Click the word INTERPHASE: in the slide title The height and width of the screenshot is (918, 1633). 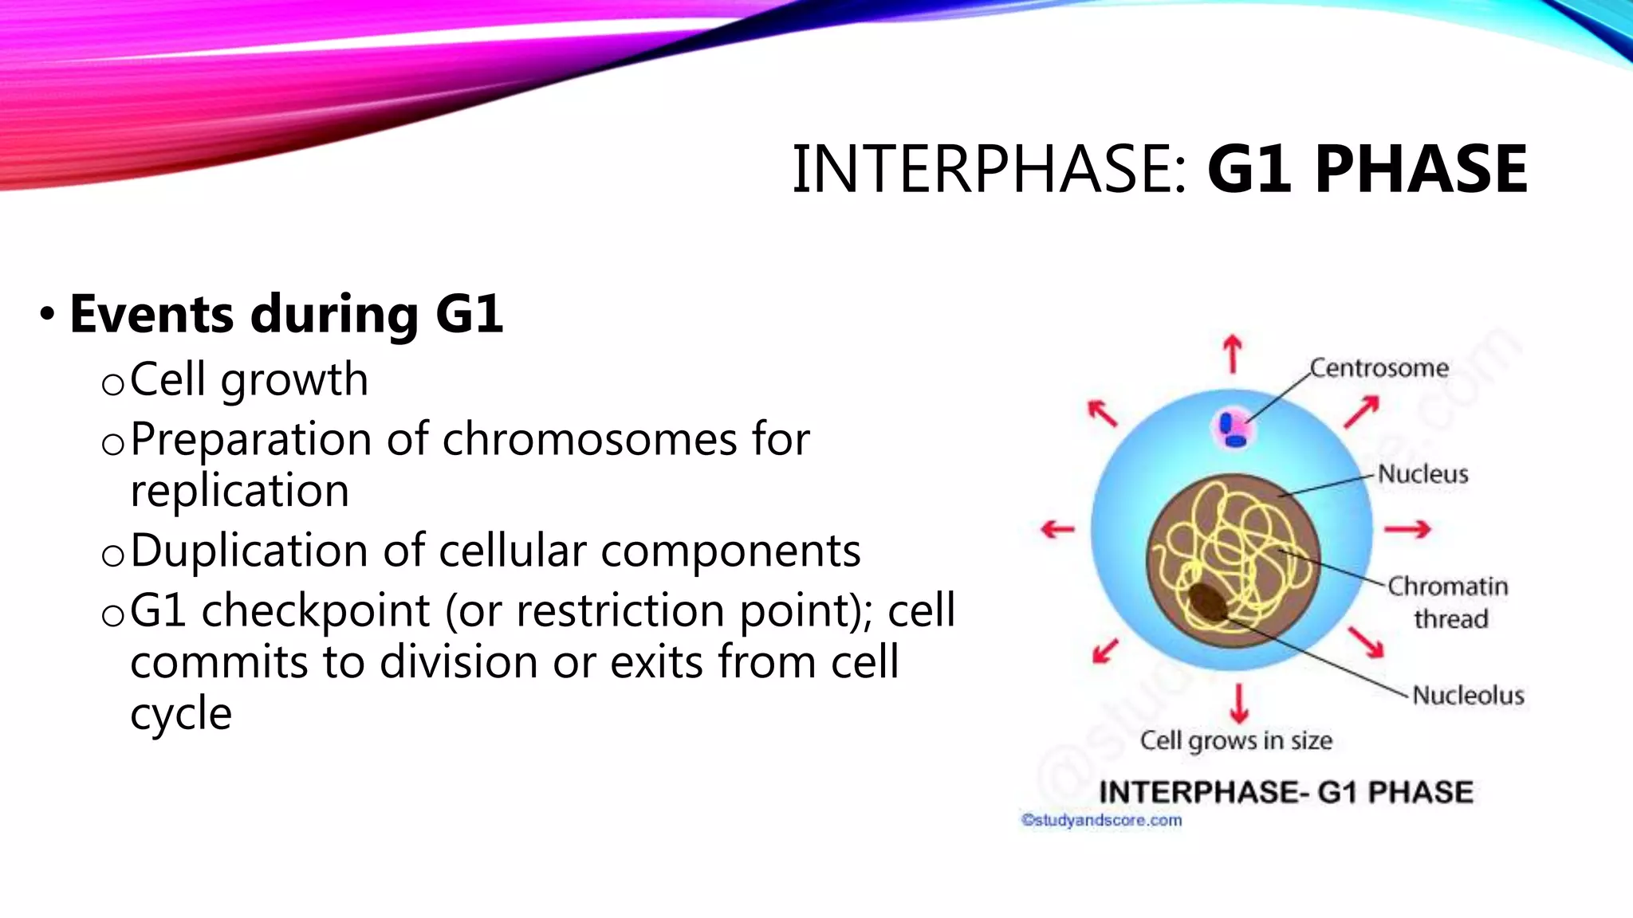pyautogui.click(x=989, y=169)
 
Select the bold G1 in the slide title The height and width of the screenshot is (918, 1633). pyautogui.click(x=1248, y=169)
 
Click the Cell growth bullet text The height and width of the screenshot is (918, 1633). pyautogui.click(x=249, y=379)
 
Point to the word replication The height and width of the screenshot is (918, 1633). pyautogui.click(x=239, y=490)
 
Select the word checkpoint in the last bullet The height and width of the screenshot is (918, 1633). pyautogui.click(x=316, y=611)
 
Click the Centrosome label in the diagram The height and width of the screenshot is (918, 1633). pyautogui.click(x=1379, y=368)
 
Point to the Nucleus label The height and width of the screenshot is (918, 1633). pyautogui.click(x=1422, y=474)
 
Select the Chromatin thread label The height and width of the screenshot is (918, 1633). pyautogui.click(x=1448, y=602)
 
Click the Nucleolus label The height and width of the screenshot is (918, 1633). pyautogui.click(x=1468, y=695)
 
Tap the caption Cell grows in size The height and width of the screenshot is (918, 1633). pyautogui.click(x=1236, y=740)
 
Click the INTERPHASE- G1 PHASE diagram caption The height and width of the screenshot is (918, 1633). pyautogui.click(x=1285, y=792)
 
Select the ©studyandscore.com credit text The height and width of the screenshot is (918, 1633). pyautogui.click(x=1101, y=820)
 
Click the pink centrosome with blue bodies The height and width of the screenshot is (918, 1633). pyautogui.click(x=1234, y=430)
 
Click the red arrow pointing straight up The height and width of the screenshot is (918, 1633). pyautogui.click(x=1233, y=354)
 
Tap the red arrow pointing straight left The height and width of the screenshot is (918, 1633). pyautogui.click(x=1058, y=529)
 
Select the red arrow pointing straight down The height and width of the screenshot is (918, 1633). pyautogui.click(x=1238, y=702)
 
